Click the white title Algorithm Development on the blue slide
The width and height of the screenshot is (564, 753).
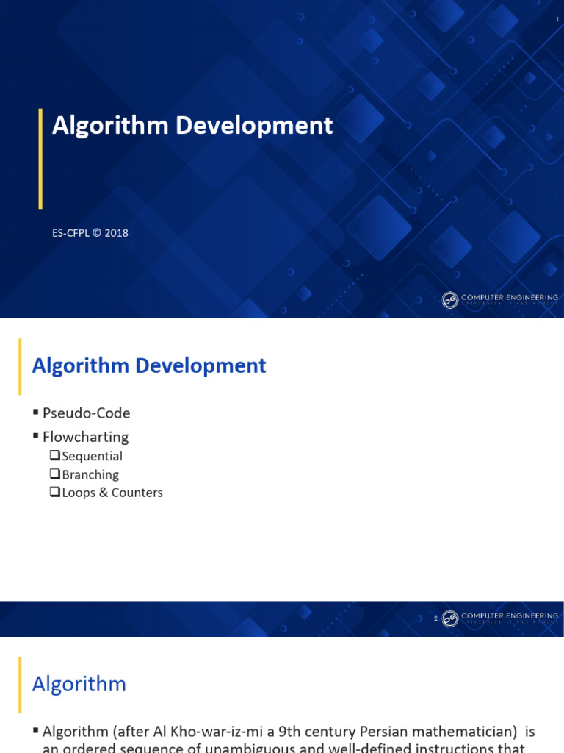click(x=192, y=126)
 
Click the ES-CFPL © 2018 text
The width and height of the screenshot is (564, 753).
click(x=90, y=233)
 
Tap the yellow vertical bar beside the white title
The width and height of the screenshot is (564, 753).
click(x=40, y=158)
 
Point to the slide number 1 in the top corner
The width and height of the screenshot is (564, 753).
click(x=557, y=20)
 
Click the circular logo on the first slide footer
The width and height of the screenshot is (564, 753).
click(x=450, y=300)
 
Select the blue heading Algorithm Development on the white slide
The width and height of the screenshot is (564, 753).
click(x=149, y=365)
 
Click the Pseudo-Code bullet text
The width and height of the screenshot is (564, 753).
click(x=86, y=413)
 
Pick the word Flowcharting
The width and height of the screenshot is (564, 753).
click(x=85, y=437)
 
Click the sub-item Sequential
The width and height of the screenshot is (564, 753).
click(x=92, y=457)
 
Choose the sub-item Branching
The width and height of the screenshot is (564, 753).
click(x=90, y=475)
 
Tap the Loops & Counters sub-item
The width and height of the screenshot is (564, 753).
click(x=112, y=493)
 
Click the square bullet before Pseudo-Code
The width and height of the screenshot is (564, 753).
click(x=35, y=413)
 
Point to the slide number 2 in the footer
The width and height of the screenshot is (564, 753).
click(x=435, y=618)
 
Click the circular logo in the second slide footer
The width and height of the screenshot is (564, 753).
click(x=450, y=618)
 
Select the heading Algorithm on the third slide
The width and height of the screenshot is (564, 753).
click(x=79, y=685)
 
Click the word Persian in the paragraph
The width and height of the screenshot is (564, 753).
click(x=352, y=732)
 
